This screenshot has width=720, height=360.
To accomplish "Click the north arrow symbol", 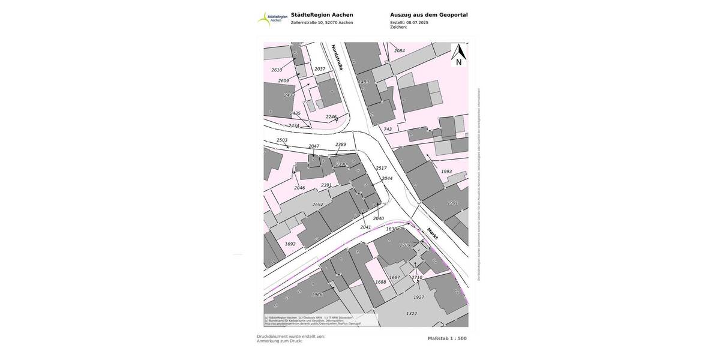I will [x=458, y=55].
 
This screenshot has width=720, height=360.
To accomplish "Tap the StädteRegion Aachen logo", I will [x=272, y=19].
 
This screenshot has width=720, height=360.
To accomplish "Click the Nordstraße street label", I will [x=337, y=57].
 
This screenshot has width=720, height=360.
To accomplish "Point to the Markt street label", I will [x=433, y=233].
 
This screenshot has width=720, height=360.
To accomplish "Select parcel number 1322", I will [x=412, y=313].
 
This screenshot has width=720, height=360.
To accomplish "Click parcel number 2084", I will [x=400, y=51].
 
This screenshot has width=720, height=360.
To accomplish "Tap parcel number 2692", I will [x=317, y=205].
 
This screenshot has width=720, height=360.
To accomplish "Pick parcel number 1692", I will [x=290, y=244].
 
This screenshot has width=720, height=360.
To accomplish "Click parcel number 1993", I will [x=446, y=172].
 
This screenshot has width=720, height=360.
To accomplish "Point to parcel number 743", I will [x=388, y=129].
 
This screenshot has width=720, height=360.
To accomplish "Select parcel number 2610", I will [x=277, y=70].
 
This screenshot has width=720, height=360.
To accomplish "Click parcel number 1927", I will [x=419, y=297].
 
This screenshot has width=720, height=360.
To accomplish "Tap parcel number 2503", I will [x=282, y=140].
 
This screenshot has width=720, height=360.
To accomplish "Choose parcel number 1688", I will [x=381, y=281].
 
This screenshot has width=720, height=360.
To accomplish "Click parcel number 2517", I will [x=381, y=168].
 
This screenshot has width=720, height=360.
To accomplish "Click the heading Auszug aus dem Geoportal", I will [x=428, y=15].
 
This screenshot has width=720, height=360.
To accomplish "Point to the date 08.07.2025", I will [x=417, y=22].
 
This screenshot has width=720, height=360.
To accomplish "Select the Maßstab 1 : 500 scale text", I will [x=447, y=338].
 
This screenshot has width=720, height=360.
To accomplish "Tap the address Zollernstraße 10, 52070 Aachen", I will [x=322, y=23].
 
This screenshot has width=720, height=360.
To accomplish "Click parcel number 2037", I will [x=320, y=69].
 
